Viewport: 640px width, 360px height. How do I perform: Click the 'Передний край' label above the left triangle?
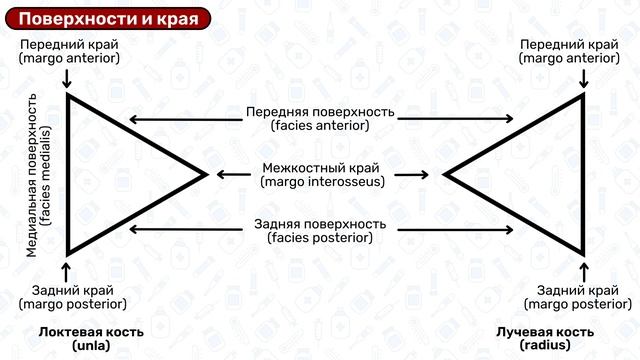pos(69,51)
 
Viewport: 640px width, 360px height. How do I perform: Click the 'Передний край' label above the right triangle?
pos(569,51)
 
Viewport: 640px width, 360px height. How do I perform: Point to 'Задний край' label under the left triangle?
pos(71,296)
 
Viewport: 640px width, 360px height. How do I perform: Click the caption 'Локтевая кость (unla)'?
pos(91,337)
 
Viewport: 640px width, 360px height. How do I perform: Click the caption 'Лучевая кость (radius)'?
pos(547,337)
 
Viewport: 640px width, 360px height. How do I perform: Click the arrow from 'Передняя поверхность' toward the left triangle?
pos(185,118)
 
